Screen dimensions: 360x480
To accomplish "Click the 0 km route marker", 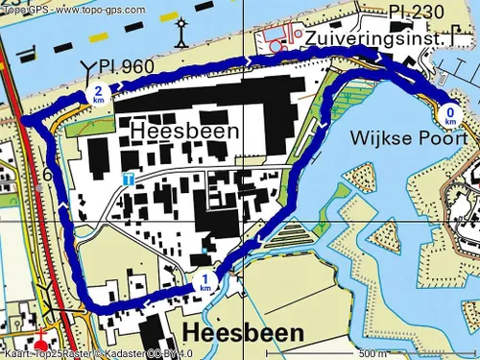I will click(x=451, y=116).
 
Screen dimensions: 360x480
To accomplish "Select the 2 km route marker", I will click(x=98, y=94).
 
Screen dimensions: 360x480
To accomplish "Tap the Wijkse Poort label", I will click(x=423, y=138).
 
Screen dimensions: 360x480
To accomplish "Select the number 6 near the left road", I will click(x=47, y=175).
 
